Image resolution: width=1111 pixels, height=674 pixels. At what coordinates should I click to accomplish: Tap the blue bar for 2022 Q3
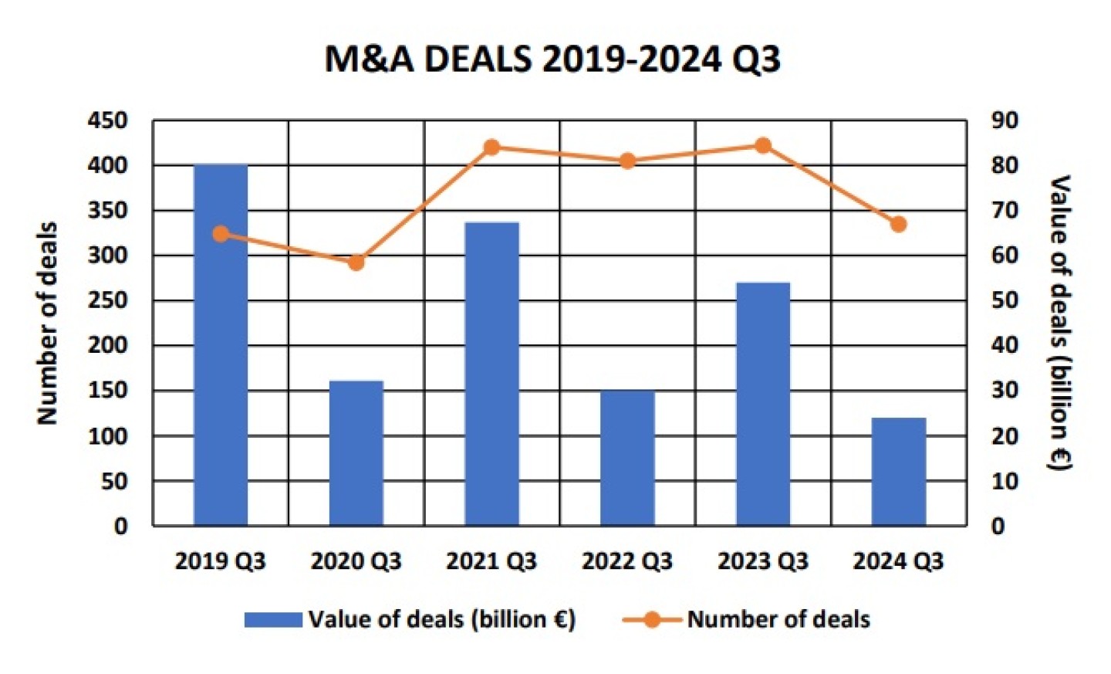627,459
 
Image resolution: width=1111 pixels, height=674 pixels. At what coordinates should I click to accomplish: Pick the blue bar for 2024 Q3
899,472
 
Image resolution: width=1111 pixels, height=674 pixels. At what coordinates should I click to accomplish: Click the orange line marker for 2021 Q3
491,147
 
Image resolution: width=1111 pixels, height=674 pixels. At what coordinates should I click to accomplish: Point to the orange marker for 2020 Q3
356,262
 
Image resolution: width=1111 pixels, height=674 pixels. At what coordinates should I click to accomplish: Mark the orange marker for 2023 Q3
763,145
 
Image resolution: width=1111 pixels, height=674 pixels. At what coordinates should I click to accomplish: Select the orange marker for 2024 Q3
898,225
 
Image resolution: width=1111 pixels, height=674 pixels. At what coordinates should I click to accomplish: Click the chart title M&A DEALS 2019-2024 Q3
552,59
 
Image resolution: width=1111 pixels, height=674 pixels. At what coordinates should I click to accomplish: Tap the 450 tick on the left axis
107,120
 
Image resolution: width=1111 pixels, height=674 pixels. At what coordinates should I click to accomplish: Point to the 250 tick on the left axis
107,300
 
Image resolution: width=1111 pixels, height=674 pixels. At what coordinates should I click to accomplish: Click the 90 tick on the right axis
1005,120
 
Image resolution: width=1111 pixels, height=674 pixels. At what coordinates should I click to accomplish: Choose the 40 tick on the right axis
1005,345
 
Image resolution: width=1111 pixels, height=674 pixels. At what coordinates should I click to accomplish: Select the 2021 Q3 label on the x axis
491,561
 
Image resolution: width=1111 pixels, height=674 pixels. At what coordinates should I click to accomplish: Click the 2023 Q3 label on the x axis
763,561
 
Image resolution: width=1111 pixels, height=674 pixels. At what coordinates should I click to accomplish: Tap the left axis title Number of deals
48,323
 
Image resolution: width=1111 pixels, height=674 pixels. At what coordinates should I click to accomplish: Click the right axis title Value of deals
1060,323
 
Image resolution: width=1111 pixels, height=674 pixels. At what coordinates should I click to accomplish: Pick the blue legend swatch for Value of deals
273,620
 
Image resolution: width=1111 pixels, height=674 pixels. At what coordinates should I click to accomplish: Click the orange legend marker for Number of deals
652,620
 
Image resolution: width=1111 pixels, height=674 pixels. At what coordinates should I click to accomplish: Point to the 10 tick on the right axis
1005,481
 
